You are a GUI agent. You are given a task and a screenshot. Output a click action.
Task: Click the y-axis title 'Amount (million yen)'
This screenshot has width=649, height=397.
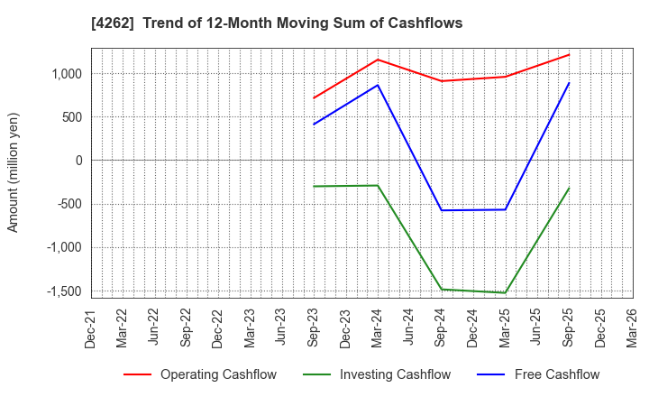tap(14, 172)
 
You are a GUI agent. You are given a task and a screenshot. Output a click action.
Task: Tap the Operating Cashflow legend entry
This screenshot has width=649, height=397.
tap(200, 374)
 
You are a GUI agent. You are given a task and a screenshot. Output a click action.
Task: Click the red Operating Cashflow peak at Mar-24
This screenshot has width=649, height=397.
tap(378, 60)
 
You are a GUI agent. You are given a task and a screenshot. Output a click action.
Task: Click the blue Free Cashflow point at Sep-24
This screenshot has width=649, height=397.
tap(442, 210)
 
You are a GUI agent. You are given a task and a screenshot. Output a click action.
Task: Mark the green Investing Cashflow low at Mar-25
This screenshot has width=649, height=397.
tap(505, 292)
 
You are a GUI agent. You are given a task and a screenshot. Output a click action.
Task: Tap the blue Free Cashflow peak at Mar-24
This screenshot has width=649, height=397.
tap(378, 85)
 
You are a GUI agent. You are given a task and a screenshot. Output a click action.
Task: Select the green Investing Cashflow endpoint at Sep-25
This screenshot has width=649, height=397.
tap(569, 188)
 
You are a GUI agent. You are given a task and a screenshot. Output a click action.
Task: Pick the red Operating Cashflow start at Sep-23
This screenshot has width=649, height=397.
tap(314, 98)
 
